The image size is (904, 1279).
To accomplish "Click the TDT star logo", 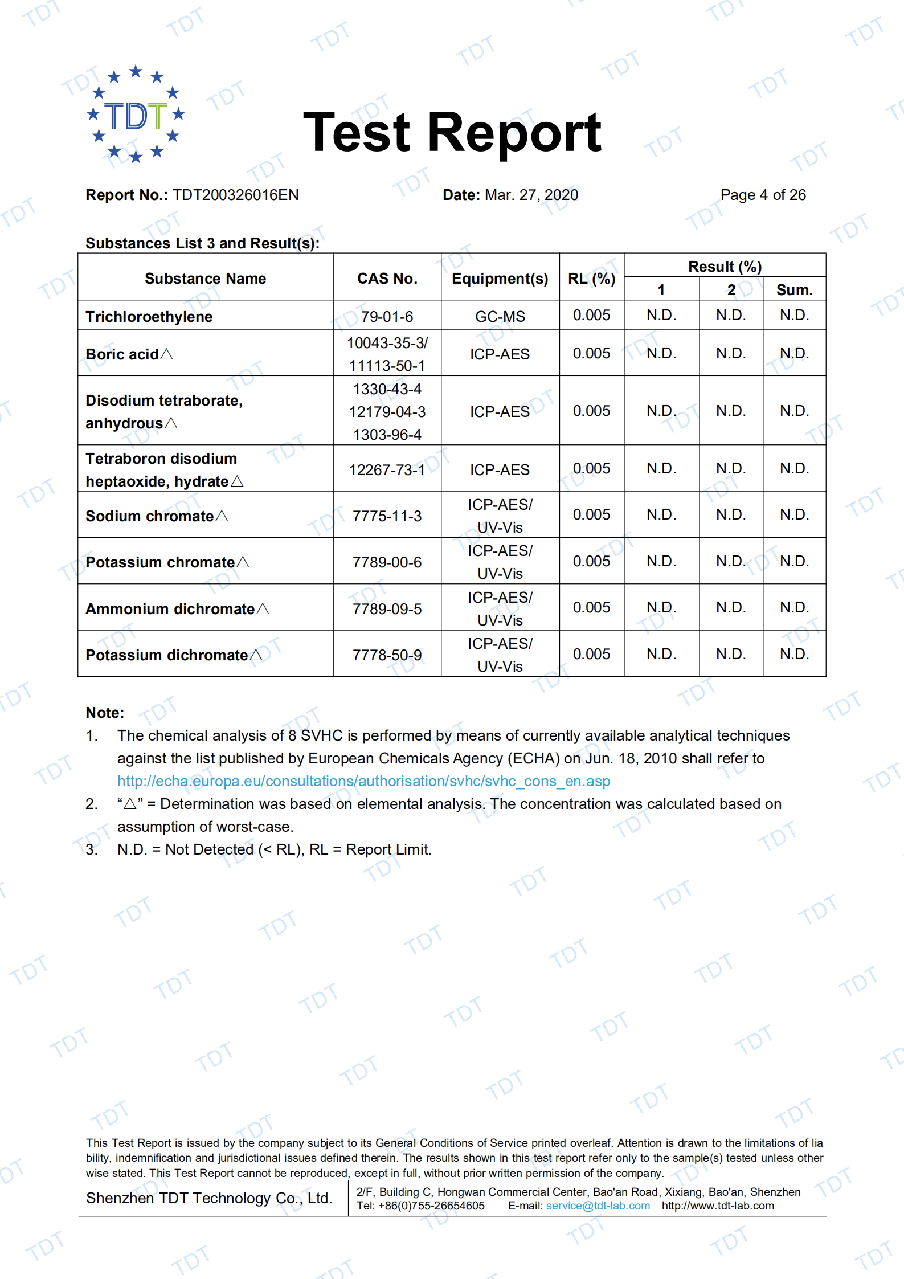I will (136, 114).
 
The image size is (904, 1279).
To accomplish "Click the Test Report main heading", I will (452, 133).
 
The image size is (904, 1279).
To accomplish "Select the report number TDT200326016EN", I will (235, 195).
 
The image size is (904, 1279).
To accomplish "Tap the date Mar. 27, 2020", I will (531, 195).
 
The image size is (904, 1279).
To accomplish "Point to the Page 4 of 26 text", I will (763, 195).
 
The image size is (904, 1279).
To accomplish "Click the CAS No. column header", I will (387, 278).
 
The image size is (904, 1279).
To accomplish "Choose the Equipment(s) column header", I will (500, 278).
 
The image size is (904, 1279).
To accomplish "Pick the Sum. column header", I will (794, 289).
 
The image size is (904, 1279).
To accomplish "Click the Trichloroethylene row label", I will (149, 317).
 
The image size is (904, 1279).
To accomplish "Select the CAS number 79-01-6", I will (387, 317).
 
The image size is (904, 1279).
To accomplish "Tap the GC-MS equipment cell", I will (500, 317).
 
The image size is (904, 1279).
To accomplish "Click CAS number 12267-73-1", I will (387, 470).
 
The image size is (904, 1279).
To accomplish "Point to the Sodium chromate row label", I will (150, 516).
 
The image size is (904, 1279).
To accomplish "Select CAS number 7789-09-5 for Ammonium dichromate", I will (387, 609).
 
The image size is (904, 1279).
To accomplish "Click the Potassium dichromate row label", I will (167, 655).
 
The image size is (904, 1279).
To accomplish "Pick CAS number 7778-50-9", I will (387, 655).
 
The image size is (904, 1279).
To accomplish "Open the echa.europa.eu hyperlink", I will (363, 781).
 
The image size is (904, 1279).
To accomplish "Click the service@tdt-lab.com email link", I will (598, 1206).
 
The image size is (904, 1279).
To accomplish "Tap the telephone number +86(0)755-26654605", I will (431, 1206).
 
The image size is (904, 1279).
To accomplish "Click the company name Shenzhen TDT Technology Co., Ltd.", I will (209, 1198).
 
